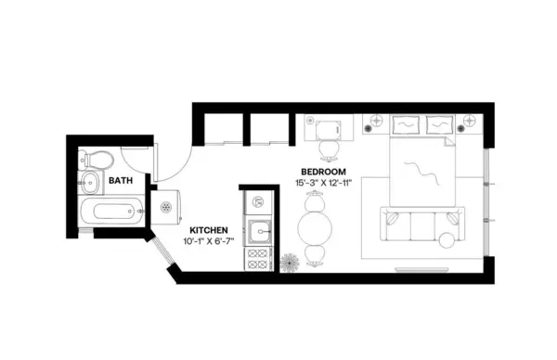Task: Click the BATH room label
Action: click(119, 181)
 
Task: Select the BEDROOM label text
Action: click(323, 172)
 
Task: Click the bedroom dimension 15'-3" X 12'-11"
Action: click(323, 184)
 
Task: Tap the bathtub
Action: click(110, 212)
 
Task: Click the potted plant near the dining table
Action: click(290, 262)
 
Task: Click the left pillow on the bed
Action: click(406, 124)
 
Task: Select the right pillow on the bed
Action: click(438, 124)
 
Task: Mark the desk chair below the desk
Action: click(328, 148)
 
